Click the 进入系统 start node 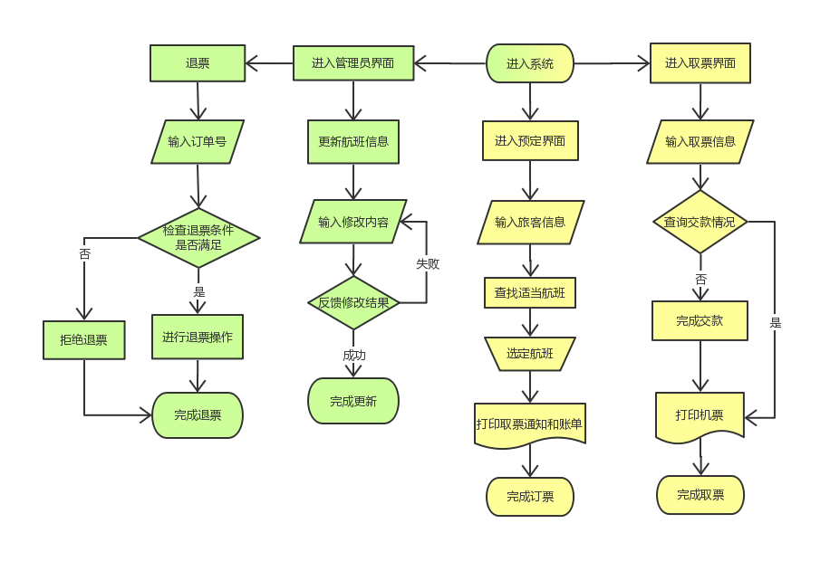pyautogui.click(x=530, y=63)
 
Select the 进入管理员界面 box pyautogui.click(x=352, y=63)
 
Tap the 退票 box pyautogui.click(x=198, y=63)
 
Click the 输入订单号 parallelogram pyautogui.click(x=197, y=142)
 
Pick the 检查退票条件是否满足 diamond pyautogui.click(x=198, y=237)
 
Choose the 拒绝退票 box pyautogui.click(x=84, y=340)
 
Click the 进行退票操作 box pyautogui.click(x=198, y=338)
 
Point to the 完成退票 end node pyautogui.click(x=198, y=415)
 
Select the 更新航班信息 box pyautogui.click(x=352, y=142)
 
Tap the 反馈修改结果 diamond pyautogui.click(x=353, y=303)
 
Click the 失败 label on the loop pyautogui.click(x=428, y=263)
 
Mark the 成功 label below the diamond pyautogui.click(x=354, y=355)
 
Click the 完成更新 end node pyautogui.click(x=353, y=401)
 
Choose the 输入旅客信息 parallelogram pyautogui.click(x=530, y=223)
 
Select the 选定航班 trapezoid pyautogui.click(x=530, y=354)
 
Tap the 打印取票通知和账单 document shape pyautogui.click(x=530, y=423)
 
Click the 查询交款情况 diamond pyautogui.click(x=700, y=222)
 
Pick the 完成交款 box pyautogui.click(x=700, y=320)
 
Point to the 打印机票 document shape pyautogui.click(x=700, y=416)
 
